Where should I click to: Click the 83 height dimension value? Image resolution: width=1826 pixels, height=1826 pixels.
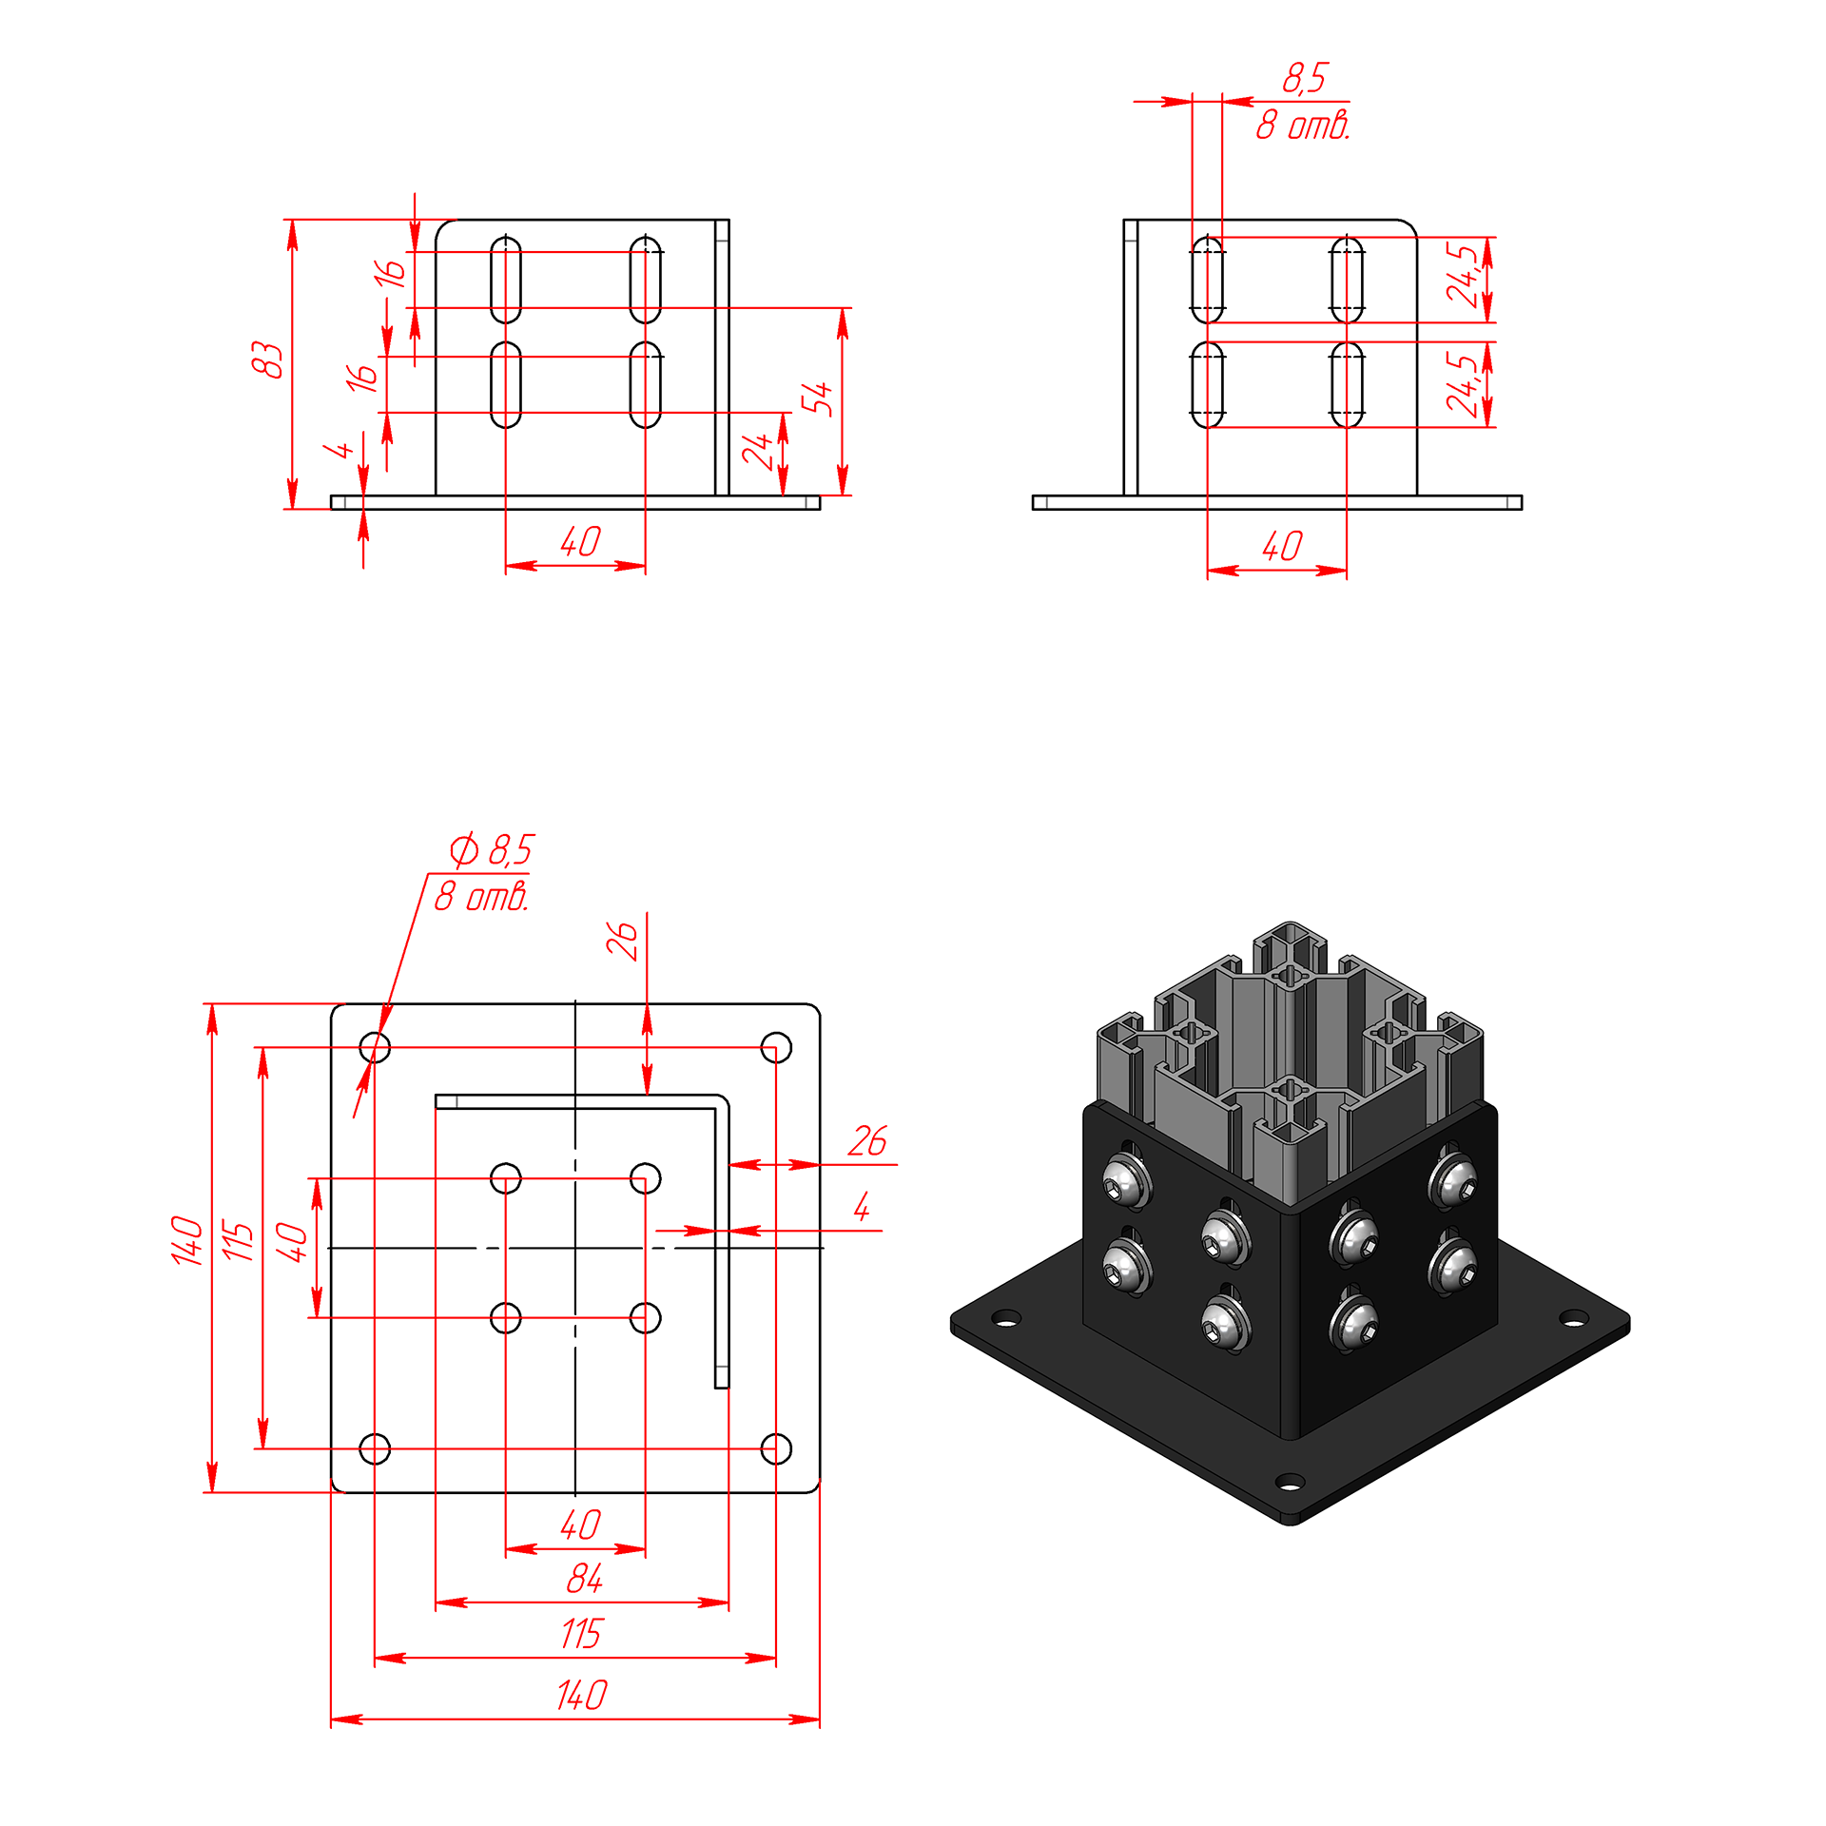click(268, 359)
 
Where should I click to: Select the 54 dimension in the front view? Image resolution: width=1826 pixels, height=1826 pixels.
click(817, 398)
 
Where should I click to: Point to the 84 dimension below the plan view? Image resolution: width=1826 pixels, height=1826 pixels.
click(584, 1579)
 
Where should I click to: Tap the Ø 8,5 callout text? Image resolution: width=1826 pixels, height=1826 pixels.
click(492, 849)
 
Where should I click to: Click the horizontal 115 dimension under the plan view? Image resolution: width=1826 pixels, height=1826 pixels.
click(581, 1634)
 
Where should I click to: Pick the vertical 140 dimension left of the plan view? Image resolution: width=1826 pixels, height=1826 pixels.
click(187, 1240)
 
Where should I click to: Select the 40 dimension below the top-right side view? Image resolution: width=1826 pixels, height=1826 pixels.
click(1282, 546)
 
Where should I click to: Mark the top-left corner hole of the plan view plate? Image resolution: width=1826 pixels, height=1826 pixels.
click(375, 1047)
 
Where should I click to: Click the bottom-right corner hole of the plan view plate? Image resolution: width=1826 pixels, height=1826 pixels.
click(776, 1448)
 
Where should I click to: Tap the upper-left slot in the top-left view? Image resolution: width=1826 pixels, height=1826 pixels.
click(506, 280)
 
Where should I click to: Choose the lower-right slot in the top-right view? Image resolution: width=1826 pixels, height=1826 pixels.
click(1347, 384)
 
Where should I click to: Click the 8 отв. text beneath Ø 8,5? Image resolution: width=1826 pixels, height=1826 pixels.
click(481, 897)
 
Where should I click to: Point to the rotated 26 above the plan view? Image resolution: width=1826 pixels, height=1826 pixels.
click(622, 940)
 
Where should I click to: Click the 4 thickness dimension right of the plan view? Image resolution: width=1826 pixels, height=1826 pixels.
click(862, 1207)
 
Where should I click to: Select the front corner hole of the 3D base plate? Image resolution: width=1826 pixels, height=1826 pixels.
click(1290, 1482)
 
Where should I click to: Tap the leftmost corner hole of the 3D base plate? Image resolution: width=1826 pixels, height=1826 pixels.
click(1006, 1318)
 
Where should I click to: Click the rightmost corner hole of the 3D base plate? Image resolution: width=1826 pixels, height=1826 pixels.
click(1575, 1318)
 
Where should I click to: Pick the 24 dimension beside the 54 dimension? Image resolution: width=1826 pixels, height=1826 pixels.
click(758, 451)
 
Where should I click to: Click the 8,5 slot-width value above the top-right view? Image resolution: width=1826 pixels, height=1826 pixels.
click(1305, 78)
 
